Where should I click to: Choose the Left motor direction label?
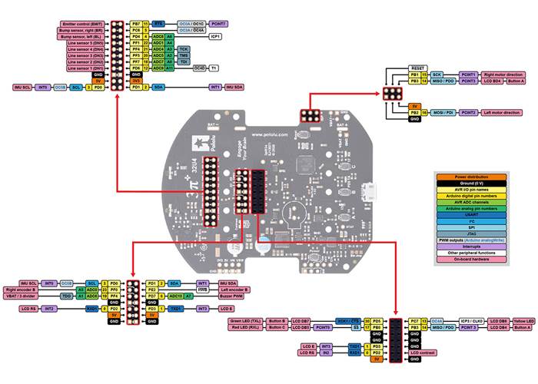[502, 112]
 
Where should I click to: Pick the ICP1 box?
[215, 36]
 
